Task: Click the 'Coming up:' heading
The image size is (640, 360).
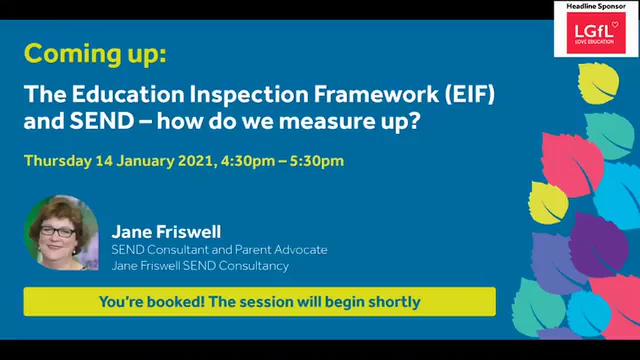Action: [95, 54]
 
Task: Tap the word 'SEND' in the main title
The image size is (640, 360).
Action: [102, 121]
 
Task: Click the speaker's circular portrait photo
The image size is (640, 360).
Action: [61, 233]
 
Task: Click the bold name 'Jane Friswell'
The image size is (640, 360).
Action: [166, 232]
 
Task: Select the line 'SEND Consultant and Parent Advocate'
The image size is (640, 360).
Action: [219, 249]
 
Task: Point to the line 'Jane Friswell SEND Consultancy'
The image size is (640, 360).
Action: [200, 265]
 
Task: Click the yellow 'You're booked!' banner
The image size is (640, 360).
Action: [259, 302]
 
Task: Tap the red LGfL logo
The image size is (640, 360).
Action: [596, 33]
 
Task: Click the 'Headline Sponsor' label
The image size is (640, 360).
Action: [596, 6]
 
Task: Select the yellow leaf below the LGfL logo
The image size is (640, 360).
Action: [598, 83]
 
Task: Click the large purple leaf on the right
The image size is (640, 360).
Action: [598, 245]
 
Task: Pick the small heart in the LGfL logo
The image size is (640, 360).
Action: [615, 24]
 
